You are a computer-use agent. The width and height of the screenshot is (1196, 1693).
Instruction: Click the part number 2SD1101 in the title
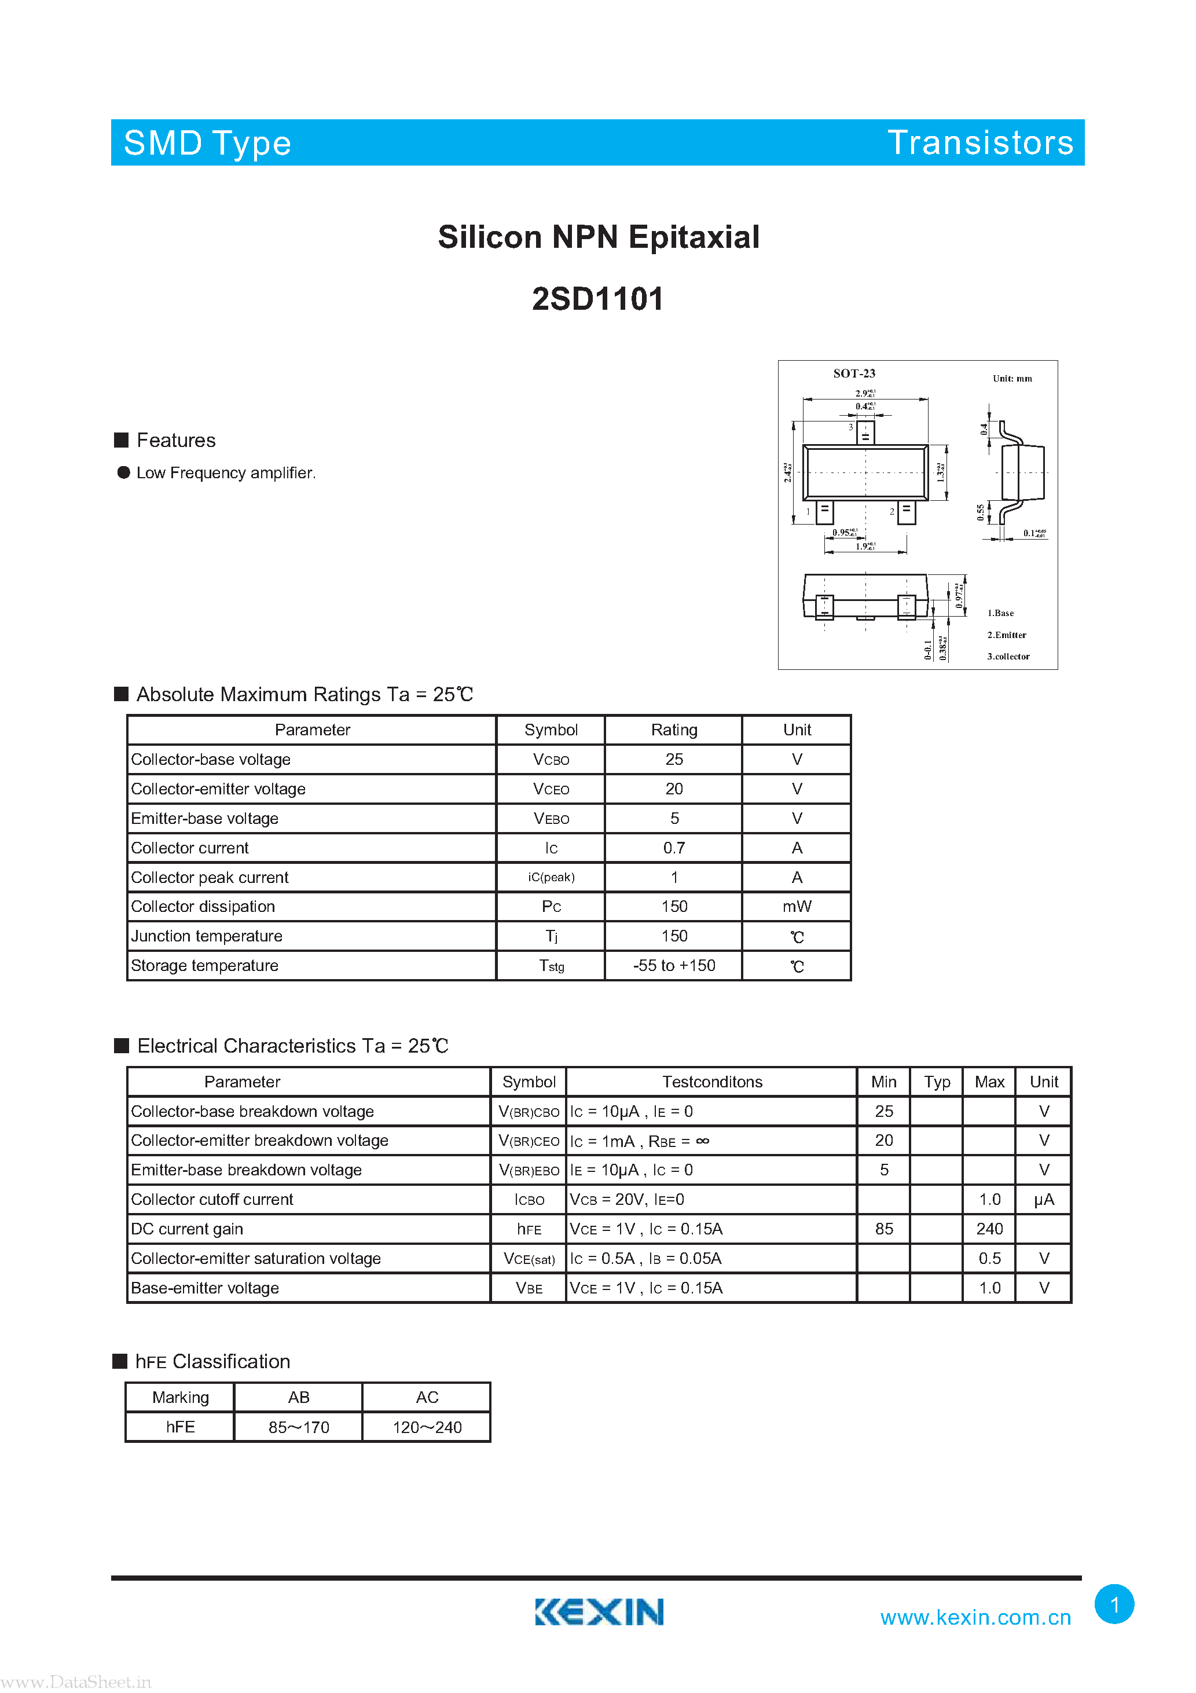pyautogui.click(x=597, y=299)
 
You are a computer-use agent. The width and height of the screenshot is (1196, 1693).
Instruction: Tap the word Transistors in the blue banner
pyautogui.click(x=980, y=142)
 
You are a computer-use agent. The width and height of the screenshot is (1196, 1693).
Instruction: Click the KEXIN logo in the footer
pyautogui.click(x=599, y=1611)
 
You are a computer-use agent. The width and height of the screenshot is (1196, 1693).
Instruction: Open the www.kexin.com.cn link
pyautogui.click(x=975, y=1617)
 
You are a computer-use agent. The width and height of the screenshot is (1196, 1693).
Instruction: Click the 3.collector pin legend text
pyautogui.click(x=1008, y=656)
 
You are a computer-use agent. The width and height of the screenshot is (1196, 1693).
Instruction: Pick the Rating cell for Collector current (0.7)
pyautogui.click(x=674, y=848)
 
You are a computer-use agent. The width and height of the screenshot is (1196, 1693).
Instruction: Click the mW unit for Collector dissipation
pyautogui.click(x=797, y=906)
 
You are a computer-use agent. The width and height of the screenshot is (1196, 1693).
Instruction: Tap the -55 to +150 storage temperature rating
pyautogui.click(x=674, y=965)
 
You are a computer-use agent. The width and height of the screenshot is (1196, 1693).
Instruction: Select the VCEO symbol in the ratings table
pyautogui.click(x=551, y=789)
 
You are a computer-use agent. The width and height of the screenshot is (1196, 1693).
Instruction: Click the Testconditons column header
pyautogui.click(x=711, y=1082)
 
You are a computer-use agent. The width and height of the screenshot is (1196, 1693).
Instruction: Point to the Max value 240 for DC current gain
pyautogui.click(x=989, y=1229)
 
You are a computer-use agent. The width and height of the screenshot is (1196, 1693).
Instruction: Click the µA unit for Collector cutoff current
pyautogui.click(x=1043, y=1200)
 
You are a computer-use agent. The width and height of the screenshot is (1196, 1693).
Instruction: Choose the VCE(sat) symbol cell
pyautogui.click(x=529, y=1259)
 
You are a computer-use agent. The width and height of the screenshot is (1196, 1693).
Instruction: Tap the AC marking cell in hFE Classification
pyautogui.click(x=427, y=1397)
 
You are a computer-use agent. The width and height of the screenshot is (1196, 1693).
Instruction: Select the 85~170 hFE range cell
pyautogui.click(x=299, y=1427)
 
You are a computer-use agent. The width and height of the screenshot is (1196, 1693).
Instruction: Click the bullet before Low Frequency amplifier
pyautogui.click(x=124, y=472)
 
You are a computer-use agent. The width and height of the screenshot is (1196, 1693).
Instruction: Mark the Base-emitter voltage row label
pyautogui.click(x=205, y=1288)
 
